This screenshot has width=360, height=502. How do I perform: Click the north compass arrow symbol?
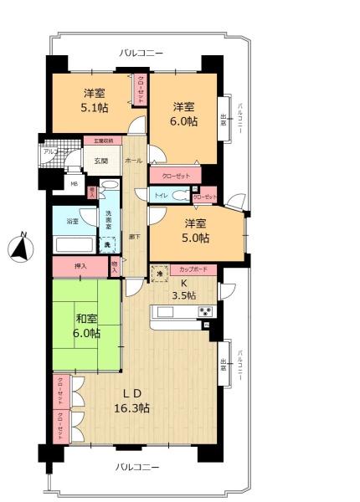22,248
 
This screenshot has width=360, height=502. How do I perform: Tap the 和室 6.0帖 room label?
87,325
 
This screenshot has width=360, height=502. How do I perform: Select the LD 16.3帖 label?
131,401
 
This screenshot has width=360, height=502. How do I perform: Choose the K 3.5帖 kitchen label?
184,289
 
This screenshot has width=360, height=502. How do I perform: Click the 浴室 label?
73,222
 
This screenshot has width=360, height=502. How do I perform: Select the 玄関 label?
100,161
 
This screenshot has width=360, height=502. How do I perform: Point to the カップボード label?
194,269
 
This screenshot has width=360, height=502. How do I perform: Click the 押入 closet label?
80,267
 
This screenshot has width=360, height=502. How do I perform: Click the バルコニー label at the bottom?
137,466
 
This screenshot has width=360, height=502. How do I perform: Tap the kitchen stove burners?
205,312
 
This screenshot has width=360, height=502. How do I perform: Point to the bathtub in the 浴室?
74,246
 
